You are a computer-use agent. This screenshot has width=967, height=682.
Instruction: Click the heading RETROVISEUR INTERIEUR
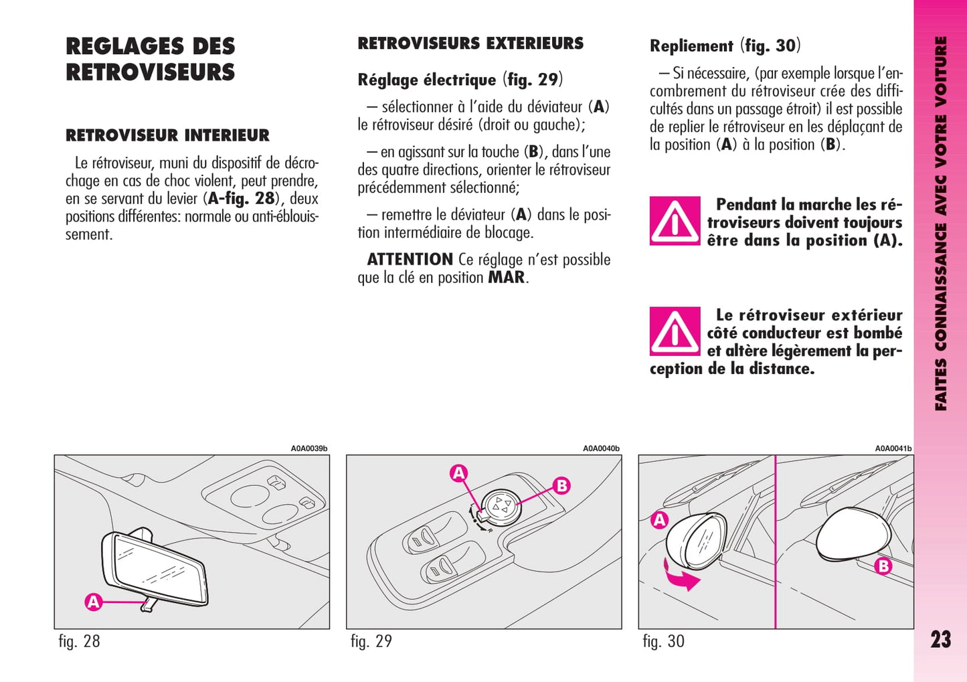point(167,135)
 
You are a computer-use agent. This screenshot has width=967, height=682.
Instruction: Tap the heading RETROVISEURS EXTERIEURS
point(470,43)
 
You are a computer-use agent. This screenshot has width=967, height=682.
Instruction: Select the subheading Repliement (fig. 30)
point(725,46)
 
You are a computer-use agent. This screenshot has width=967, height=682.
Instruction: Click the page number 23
point(940,639)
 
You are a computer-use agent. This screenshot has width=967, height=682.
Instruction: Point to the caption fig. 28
point(80,641)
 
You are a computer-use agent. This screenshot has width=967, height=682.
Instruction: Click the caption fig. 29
point(371,641)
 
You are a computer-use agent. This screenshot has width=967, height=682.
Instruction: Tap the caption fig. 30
point(664,641)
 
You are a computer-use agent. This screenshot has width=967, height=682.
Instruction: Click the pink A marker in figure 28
point(93,602)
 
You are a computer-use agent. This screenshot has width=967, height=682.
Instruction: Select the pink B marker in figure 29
point(561,486)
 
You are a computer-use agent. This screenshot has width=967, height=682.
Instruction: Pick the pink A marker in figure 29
point(458,473)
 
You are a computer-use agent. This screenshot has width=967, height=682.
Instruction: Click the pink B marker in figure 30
point(883,566)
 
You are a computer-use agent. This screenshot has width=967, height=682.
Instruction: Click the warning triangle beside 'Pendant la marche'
point(675,221)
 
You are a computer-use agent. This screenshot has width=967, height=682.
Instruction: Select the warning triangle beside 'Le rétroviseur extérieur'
point(675,331)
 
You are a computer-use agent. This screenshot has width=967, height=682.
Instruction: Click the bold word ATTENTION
point(410,260)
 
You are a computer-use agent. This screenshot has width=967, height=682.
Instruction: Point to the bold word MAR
point(506,277)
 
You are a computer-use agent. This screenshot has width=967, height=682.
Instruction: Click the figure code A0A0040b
point(601,448)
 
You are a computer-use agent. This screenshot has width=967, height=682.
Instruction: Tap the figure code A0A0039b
point(309,448)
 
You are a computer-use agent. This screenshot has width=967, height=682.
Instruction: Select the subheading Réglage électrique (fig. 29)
point(460,80)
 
